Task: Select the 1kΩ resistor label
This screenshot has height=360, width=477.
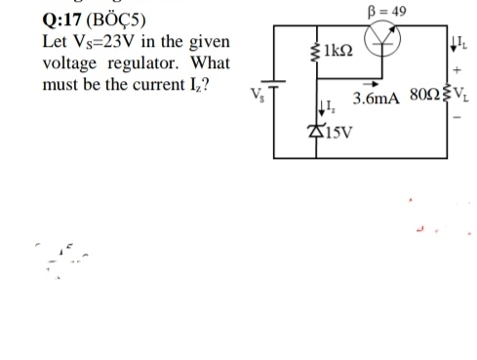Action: click(338, 49)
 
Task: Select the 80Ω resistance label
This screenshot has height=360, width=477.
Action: click(420, 98)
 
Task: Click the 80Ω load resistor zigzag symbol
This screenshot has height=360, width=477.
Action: click(444, 98)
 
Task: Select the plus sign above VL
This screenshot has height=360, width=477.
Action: click(457, 70)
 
